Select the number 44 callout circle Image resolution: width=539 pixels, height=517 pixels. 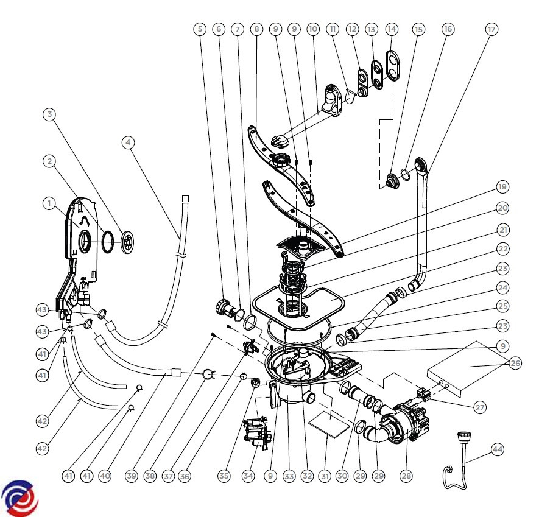pyautogui.click(x=498, y=449)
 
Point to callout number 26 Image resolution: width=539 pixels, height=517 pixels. pyautogui.click(x=516, y=364)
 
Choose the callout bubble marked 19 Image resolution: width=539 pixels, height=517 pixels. pyautogui.click(x=502, y=186)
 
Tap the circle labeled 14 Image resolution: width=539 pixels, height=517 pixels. pyautogui.click(x=392, y=29)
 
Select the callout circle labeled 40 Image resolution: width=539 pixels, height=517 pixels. pyautogui.click(x=105, y=476)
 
